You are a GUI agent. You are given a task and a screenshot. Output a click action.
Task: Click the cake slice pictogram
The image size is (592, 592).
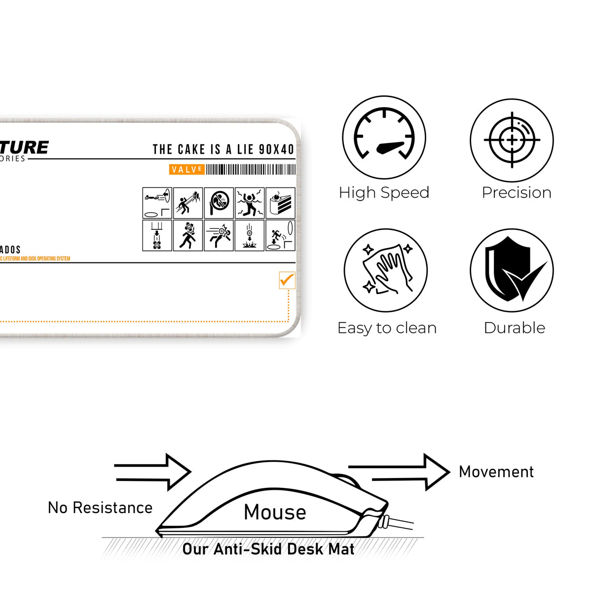tap(280, 203)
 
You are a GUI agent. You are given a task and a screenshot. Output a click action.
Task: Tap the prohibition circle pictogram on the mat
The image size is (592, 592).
tap(219, 203)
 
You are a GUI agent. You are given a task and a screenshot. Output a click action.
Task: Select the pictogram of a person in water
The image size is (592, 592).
tap(250, 203)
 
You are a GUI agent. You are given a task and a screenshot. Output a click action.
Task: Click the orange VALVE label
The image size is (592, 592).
tap(186, 170)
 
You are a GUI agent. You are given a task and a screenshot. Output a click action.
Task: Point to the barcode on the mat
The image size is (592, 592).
tap(251, 170)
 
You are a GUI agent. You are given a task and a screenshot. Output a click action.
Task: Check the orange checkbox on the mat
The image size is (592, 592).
tap(287, 280)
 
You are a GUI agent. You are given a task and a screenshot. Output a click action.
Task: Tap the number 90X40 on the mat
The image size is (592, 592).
tap(276, 149)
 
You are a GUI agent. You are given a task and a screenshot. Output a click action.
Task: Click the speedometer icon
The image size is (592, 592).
tap(384, 137)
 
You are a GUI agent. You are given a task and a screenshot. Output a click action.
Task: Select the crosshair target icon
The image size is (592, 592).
tap(512, 140)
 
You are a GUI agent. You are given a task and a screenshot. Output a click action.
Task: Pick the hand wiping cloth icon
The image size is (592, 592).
tap(385, 270)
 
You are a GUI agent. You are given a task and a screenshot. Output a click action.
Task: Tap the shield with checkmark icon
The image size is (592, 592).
tap(512, 270)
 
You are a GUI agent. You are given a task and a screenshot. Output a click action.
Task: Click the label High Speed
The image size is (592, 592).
tap(384, 192)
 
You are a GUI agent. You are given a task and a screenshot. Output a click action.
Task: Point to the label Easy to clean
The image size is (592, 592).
tap(387, 328)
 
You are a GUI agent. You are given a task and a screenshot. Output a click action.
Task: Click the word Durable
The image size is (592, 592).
tap(514, 328)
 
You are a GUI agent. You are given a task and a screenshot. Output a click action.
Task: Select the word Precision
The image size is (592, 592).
tap(516, 192)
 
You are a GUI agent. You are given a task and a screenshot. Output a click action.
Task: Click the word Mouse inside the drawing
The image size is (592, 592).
tap(275, 512)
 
